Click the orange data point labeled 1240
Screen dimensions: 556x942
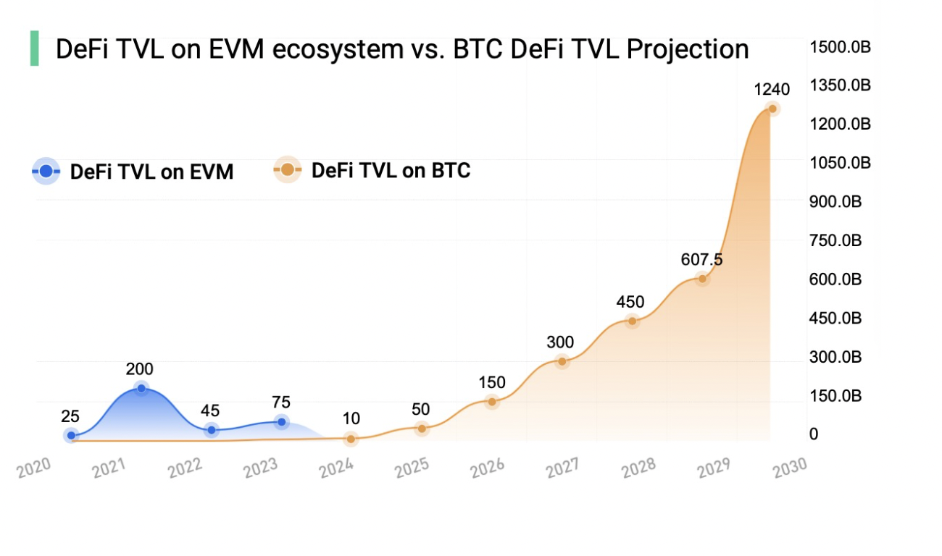[772, 109]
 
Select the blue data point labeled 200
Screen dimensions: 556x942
[141, 389]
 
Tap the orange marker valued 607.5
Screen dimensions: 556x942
[701, 279]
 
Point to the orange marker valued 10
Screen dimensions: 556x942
[351, 438]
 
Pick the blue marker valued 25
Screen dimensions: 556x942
[71, 435]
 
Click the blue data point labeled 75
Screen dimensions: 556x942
[281, 421]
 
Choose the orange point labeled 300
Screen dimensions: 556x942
[562, 361]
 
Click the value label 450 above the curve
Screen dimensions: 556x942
[630, 302]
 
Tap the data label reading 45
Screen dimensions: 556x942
[210, 411]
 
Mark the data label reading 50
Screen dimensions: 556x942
[420, 409]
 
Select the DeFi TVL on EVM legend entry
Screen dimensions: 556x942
[133, 172]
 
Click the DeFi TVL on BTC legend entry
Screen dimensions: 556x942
[372, 171]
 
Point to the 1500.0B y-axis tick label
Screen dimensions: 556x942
[841, 47]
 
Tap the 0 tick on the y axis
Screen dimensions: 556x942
[814, 434]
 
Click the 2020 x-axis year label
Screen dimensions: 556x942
[35, 468]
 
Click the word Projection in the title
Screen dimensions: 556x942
[688, 49]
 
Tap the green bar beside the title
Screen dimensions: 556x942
[34, 49]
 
